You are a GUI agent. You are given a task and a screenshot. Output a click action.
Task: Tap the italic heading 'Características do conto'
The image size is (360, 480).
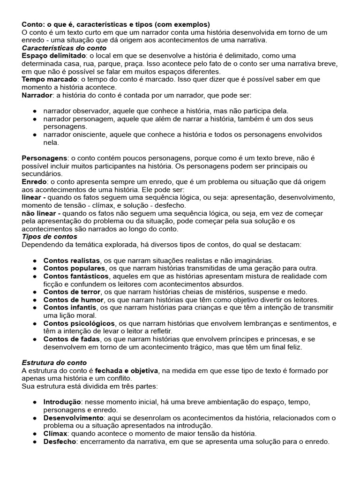(64, 48)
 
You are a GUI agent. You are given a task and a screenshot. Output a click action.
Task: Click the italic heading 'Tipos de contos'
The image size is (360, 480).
(50, 237)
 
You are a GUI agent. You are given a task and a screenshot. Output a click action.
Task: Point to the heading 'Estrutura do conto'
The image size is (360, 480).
(54, 363)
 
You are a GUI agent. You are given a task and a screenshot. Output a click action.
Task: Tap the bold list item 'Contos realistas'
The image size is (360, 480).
(71, 260)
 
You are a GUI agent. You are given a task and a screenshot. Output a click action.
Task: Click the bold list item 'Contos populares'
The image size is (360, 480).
(74, 268)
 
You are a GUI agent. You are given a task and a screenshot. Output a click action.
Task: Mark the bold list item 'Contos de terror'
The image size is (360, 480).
(71, 292)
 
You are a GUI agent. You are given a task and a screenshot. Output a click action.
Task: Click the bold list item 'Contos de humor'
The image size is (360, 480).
(73, 300)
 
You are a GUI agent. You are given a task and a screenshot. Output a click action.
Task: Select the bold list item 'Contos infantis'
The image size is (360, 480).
(70, 307)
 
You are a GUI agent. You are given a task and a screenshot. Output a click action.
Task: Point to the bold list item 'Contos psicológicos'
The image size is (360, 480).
(79, 323)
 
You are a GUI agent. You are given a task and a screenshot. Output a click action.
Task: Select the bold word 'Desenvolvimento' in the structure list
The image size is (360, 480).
(73, 418)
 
